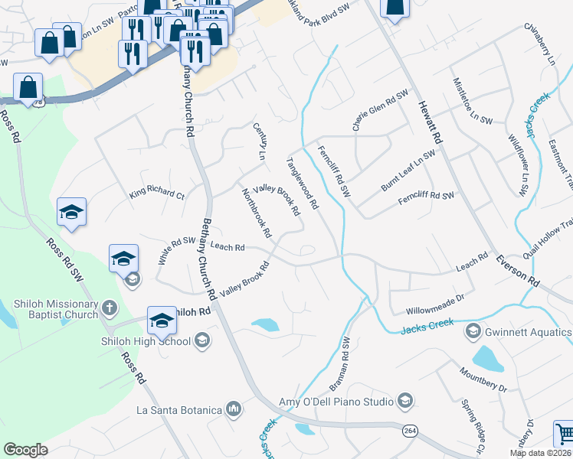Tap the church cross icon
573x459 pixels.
point(110,308)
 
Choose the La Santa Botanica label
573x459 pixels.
point(179,410)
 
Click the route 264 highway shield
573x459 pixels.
point(406,432)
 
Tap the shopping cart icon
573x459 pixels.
point(564,434)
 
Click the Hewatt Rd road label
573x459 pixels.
point(428,122)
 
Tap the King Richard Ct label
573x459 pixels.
point(157,194)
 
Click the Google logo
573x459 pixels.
point(25,450)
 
